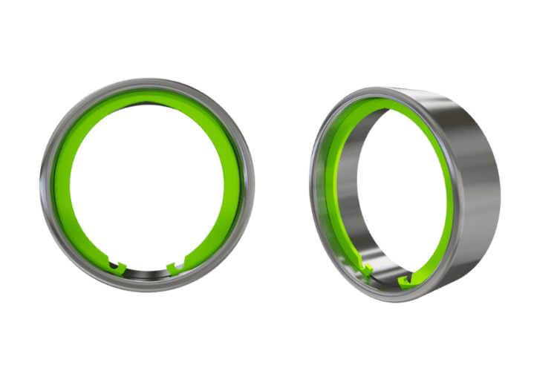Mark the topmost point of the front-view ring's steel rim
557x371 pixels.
coord(146,77)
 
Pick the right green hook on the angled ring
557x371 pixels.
coord(406,279)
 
